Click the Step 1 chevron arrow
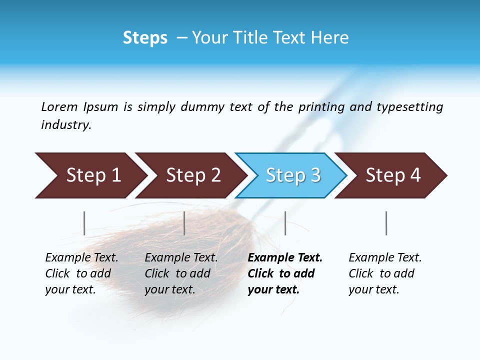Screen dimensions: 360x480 point(90,175)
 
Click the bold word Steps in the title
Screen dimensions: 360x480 point(145,37)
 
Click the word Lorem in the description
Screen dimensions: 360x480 point(59,106)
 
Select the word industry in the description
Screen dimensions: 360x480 point(65,125)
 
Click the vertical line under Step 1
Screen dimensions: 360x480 point(84,223)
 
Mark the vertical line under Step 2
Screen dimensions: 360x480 point(184,223)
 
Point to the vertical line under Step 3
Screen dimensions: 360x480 point(285,223)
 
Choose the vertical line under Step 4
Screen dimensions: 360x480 point(386,223)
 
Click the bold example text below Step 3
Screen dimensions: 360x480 point(285,273)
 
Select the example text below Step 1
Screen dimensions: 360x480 point(81,273)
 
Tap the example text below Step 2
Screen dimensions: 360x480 point(181,273)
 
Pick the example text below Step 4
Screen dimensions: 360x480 point(385,273)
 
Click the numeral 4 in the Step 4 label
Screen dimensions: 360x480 point(415,175)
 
